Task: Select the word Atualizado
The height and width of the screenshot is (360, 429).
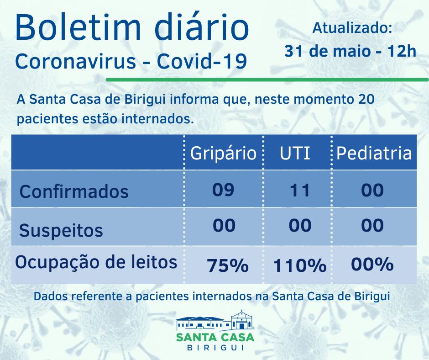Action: tap(352, 28)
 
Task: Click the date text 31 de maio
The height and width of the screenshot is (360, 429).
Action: tap(329, 51)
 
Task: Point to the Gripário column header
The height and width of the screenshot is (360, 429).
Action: tap(223, 153)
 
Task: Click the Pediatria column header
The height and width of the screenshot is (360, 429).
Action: tap(374, 153)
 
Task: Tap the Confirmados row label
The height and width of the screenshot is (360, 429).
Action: tap(74, 191)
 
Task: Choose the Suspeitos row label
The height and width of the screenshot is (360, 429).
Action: tap(61, 230)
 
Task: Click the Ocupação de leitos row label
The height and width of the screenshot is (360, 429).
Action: tap(96, 263)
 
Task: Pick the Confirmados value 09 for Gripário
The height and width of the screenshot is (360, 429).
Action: tap(223, 190)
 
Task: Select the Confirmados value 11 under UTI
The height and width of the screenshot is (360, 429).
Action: tap(300, 190)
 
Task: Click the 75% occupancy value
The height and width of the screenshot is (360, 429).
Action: tap(228, 265)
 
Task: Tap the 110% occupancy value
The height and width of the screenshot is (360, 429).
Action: tap(300, 265)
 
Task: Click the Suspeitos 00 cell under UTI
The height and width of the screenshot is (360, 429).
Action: tap(300, 226)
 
